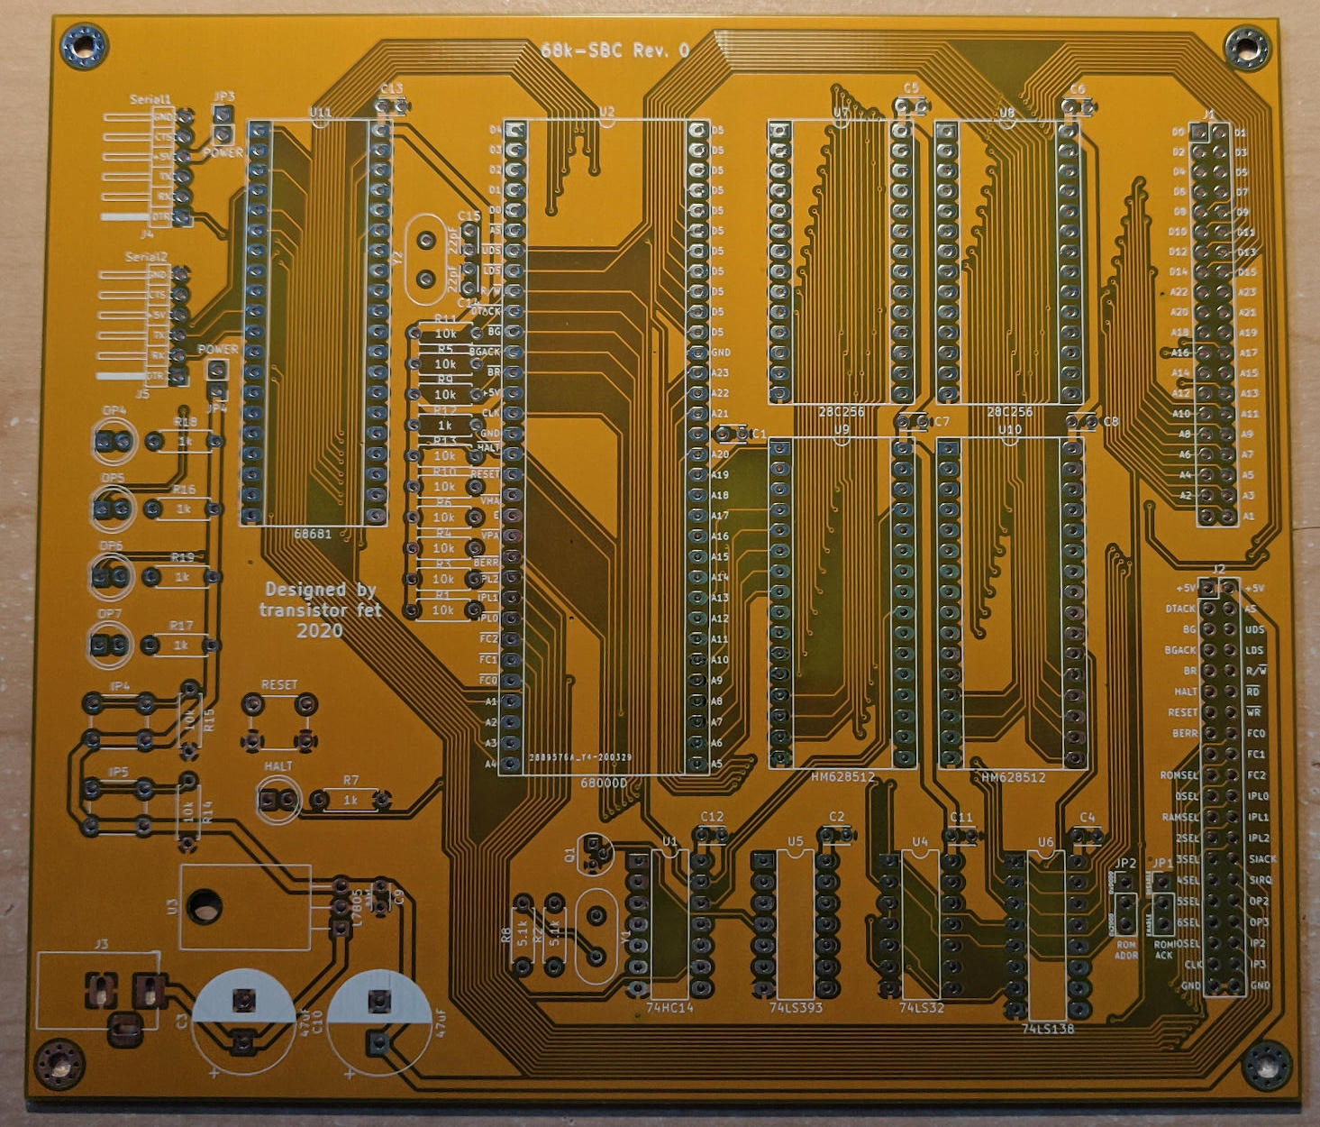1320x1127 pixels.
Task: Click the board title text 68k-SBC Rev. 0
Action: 615,50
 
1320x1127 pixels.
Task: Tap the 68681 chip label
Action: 313,534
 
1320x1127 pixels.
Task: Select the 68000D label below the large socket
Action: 603,783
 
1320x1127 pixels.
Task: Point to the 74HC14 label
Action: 669,1007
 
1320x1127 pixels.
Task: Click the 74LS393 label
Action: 796,1007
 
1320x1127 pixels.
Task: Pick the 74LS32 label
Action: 921,1007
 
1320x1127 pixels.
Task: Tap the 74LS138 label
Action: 1048,1028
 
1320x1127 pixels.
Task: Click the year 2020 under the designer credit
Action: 320,630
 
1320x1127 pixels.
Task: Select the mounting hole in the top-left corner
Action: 85,44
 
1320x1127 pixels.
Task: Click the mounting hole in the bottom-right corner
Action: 1266,1064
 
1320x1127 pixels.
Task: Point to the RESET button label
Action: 278,685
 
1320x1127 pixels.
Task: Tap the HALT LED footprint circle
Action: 278,800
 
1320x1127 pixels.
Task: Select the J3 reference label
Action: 101,944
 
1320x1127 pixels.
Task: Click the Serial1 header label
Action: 150,99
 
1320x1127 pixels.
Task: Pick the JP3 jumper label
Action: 224,96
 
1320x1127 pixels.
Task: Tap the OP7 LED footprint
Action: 111,646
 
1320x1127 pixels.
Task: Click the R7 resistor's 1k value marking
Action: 350,800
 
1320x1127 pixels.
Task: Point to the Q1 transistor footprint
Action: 594,853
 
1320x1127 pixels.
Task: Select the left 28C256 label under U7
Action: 841,412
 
